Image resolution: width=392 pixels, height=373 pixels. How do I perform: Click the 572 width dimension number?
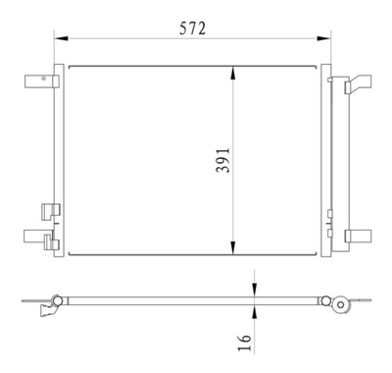pos(191,28)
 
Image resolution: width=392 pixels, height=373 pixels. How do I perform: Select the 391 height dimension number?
pos(222,160)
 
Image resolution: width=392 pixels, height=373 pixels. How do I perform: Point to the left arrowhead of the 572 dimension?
pos(58,39)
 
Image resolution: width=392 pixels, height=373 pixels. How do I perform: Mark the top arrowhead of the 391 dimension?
pos(233,70)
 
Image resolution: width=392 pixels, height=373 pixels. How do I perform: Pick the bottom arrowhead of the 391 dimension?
pos(233,251)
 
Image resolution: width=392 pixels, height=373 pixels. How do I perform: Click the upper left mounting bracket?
pos(39,80)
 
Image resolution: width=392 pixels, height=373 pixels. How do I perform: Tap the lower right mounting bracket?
pos(359,236)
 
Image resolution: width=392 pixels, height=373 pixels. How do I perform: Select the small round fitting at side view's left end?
pos(57,298)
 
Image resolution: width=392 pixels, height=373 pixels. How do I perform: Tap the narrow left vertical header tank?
pos(58,162)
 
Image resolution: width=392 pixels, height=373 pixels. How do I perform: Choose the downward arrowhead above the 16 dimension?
pos(253,288)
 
